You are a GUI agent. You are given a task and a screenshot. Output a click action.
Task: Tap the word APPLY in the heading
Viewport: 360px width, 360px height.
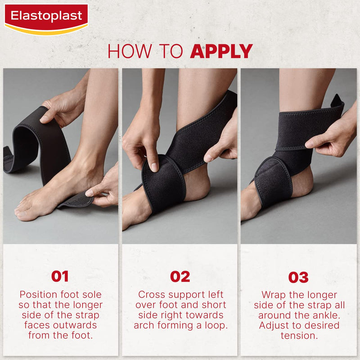point(221,51)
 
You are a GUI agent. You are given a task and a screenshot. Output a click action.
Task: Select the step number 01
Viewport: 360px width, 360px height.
point(60,276)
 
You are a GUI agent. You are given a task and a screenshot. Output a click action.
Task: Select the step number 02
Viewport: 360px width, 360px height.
point(180,276)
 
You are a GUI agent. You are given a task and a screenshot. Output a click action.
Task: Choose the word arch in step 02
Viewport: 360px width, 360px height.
point(144,325)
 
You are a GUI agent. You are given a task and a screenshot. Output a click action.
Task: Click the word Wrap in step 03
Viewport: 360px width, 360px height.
point(273,295)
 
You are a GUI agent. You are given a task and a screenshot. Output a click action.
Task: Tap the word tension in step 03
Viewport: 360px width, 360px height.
point(298,335)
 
